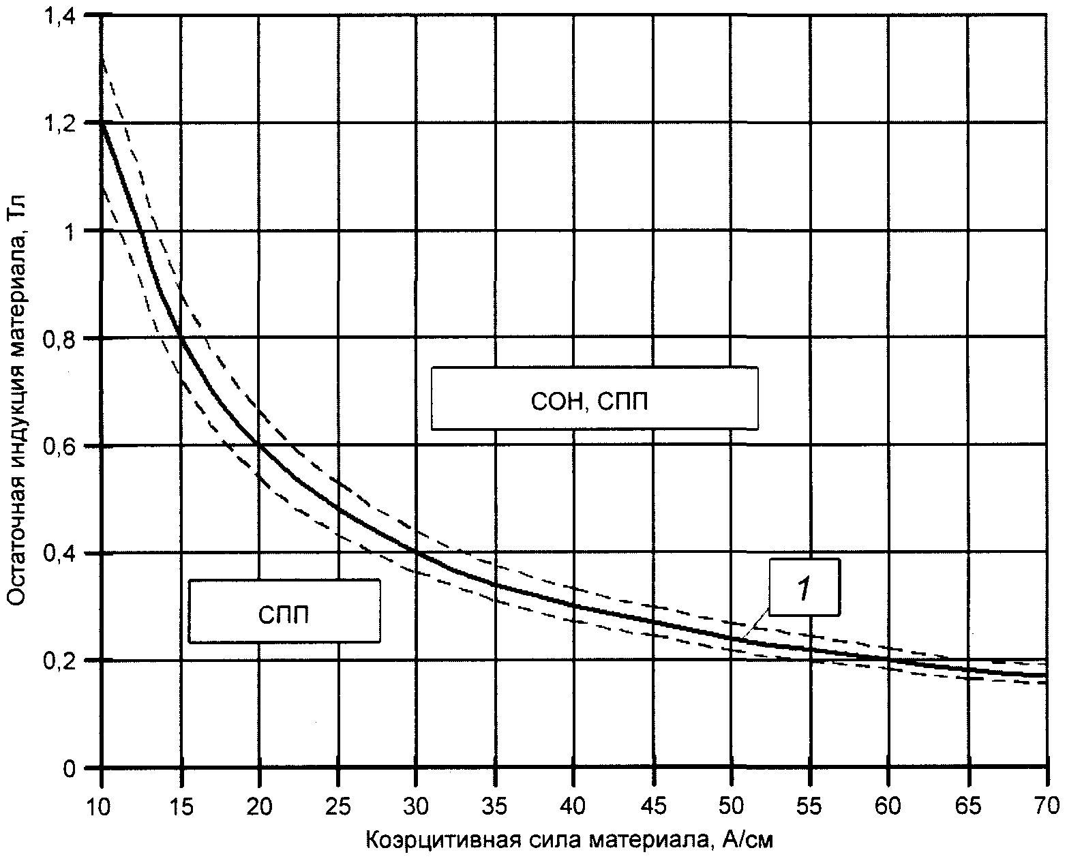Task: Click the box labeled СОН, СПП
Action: coord(595,399)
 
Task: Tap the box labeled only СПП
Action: coord(284,611)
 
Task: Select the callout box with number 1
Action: coord(805,588)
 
